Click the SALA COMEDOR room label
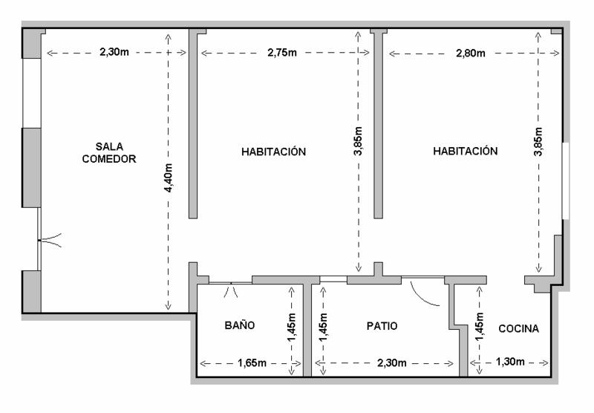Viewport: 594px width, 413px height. pyautogui.click(x=109, y=153)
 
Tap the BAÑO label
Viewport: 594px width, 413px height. pyautogui.click(x=240, y=325)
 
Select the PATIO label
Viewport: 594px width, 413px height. pyautogui.click(x=382, y=326)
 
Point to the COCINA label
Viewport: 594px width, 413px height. pyautogui.click(x=518, y=328)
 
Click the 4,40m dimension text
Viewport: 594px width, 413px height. pyautogui.click(x=169, y=178)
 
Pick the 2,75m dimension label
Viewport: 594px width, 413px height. pyautogui.click(x=282, y=53)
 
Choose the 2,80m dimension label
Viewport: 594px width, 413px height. pyautogui.click(x=471, y=53)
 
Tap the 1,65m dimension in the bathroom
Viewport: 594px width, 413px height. pyautogui.click(x=252, y=363)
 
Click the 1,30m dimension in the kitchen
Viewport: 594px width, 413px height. pyautogui.click(x=510, y=362)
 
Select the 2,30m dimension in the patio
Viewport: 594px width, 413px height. pyautogui.click(x=392, y=363)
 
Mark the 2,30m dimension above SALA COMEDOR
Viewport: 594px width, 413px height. pyautogui.click(x=114, y=52)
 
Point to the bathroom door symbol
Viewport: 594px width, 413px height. pyautogui.click(x=231, y=289)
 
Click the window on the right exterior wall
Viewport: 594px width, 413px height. pyautogui.click(x=566, y=181)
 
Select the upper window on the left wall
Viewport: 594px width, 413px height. pyautogui.click(x=32, y=93)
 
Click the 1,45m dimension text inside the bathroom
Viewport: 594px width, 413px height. pyautogui.click(x=292, y=328)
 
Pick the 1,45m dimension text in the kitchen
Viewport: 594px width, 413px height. pyautogui.click(x=479, y=326)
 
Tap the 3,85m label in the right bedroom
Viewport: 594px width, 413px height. pyautogui.click(x=538, y=141)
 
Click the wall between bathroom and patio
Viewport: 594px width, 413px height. pyautogui.click(x=307, y=330)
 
